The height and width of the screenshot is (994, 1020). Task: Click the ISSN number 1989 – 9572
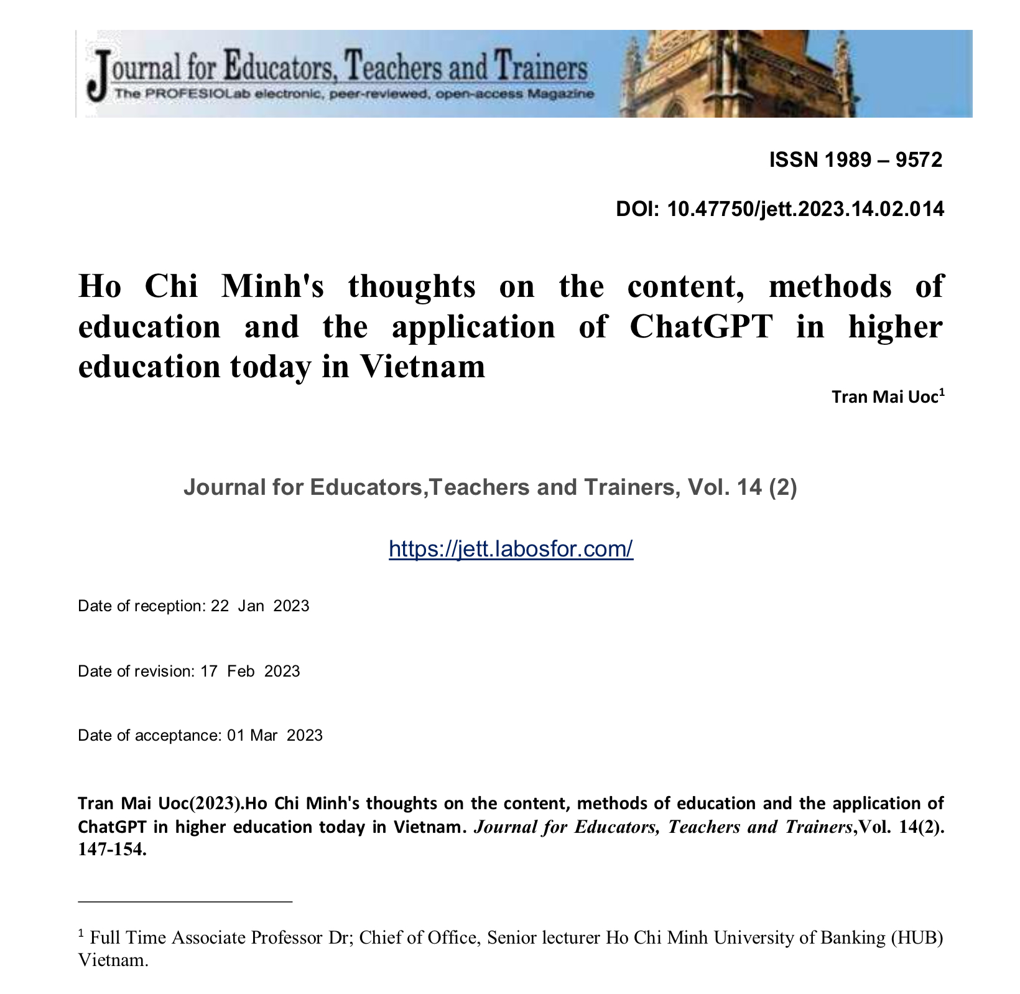tap(883, 161)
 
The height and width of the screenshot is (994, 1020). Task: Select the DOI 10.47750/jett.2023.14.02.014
tap(805, 209)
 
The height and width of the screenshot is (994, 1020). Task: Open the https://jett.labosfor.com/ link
tap(511, 548)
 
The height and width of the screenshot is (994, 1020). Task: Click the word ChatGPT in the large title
tap(701, 327)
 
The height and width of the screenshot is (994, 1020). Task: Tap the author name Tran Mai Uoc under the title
tap(884, 397)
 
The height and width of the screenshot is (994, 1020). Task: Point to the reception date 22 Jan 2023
tap(259, 606)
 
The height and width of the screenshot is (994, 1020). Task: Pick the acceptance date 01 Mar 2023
tap(274, 736)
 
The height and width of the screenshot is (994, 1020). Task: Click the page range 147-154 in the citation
tap(112, 850)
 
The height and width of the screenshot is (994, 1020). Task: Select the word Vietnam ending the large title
tap(422, 367)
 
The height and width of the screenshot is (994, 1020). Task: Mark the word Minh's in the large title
tap(273, 287)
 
